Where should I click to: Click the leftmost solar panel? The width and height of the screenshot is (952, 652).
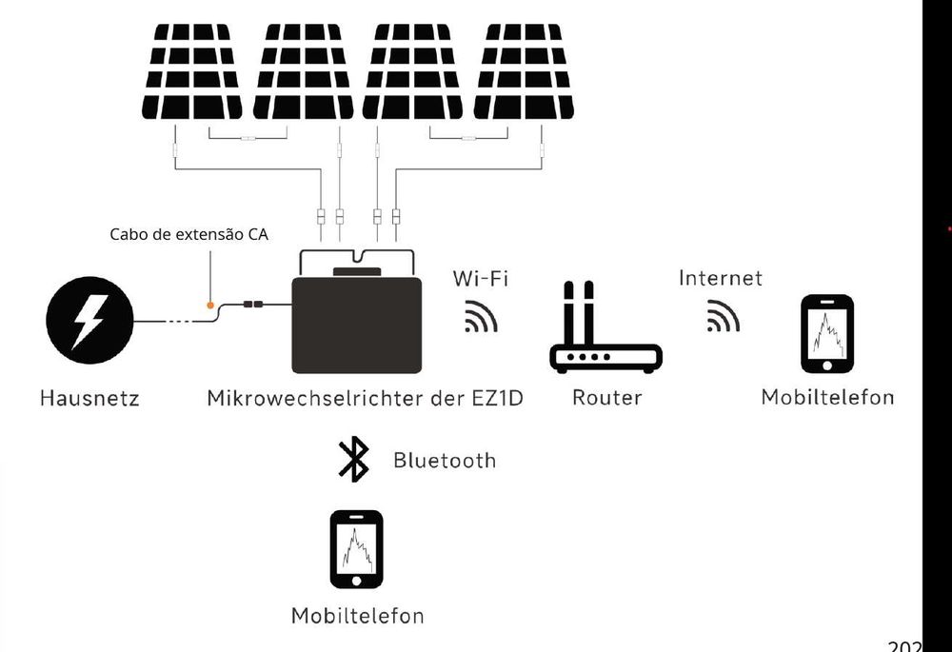point(191,71)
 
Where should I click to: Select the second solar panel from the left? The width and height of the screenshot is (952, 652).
point(303,71)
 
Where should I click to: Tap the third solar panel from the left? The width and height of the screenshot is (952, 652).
point(413,71)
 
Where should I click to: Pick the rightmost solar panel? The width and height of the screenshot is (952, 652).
point(523,71)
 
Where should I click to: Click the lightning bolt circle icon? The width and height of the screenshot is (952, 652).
point(89,322)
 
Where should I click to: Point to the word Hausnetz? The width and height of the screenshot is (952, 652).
point(89,398)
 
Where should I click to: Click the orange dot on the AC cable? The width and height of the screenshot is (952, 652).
point(210,306)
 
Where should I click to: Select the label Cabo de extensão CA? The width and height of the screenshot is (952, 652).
point(188,233)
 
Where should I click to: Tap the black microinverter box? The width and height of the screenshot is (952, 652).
point(356,324)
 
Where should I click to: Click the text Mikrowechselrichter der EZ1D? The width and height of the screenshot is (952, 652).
point(366,398)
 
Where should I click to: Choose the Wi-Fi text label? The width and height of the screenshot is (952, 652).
point(480,278)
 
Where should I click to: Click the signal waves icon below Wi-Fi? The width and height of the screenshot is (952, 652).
point(481,316)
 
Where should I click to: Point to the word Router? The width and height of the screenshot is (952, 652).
point(606,398)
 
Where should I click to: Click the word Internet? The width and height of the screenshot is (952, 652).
point(721,278)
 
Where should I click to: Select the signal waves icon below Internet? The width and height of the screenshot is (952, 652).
point(724,316)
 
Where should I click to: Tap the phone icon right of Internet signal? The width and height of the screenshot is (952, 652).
point(826,334)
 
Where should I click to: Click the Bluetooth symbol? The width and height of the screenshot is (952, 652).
point(353,460)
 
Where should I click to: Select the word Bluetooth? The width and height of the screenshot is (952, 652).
point(445,461)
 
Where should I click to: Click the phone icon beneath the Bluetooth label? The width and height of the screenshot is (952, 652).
point(356,550)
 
